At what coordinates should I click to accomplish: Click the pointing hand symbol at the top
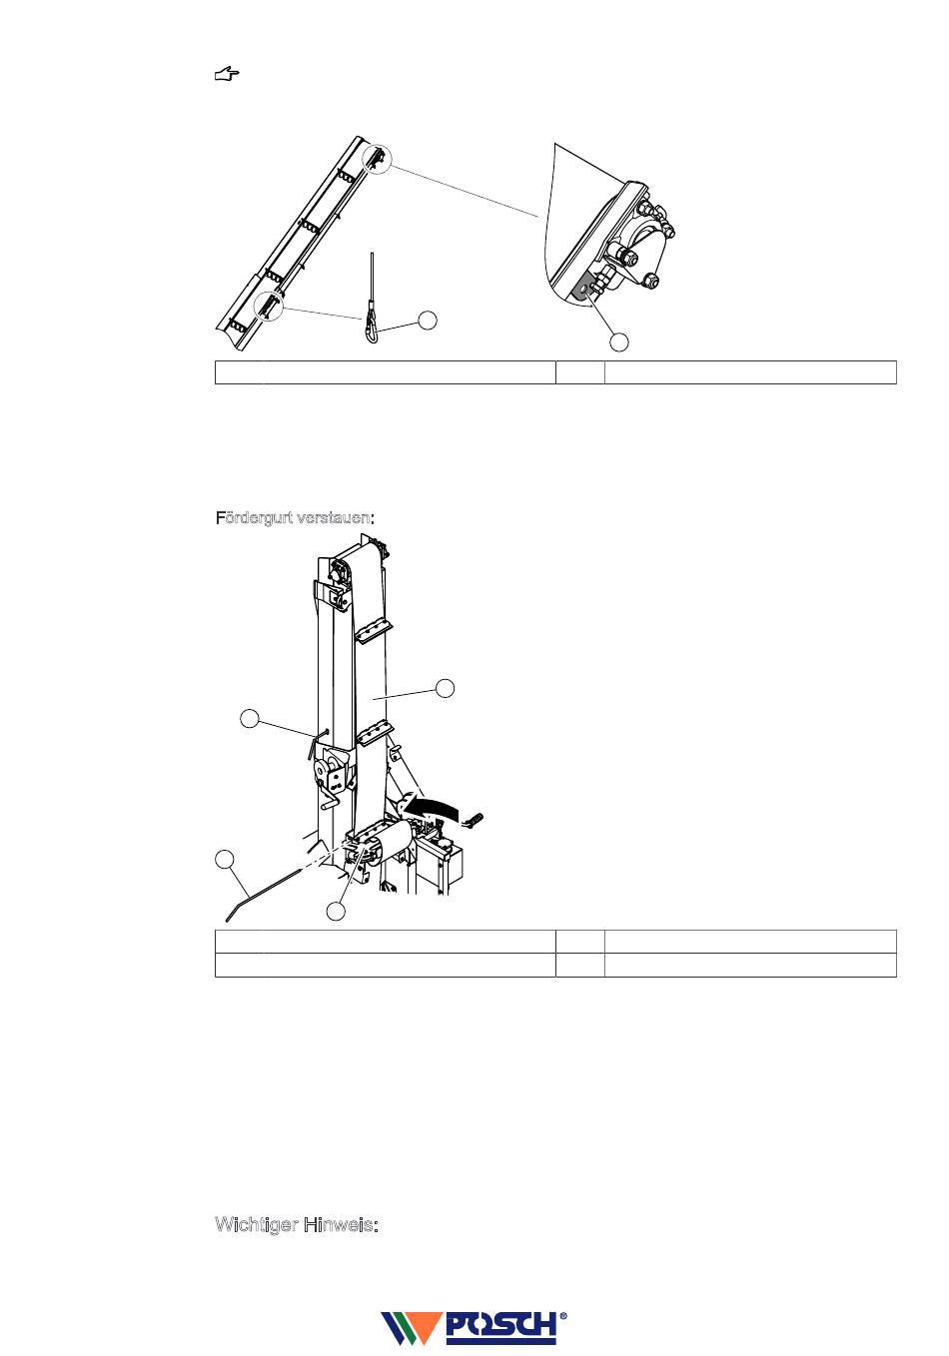[227, 75]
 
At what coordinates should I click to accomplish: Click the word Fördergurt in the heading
[255, 518]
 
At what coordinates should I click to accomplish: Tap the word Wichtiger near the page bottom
[257, 1224]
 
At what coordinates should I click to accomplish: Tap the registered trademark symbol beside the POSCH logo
[563, 1315]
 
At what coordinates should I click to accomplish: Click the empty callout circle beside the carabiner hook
[428, 321]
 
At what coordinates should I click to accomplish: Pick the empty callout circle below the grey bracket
[618, 342]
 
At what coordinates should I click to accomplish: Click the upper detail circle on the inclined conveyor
[378, 160]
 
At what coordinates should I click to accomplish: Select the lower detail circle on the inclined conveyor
[269, 305]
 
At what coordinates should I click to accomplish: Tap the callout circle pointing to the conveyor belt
[446, 688]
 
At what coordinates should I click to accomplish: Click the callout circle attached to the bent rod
[225, 859]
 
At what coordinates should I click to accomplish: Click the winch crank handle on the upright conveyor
[329, 795]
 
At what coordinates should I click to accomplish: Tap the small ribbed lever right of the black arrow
[474, 819]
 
